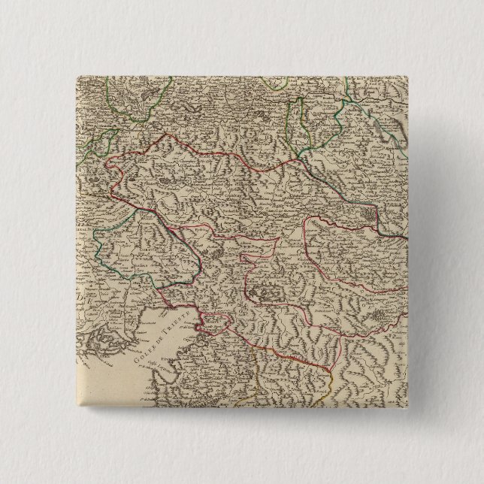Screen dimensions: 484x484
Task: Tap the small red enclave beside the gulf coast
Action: (213, 322)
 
